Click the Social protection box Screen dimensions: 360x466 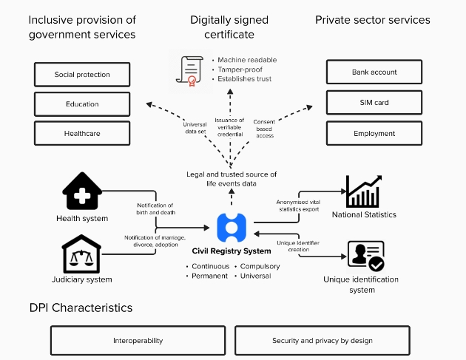(x=82, y=75)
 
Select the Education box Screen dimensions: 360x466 (x=82, y=104)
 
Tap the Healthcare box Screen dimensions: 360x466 (x=82, y=133)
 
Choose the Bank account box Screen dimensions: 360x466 (x=374, y=72)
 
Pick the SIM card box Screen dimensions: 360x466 (x=374, y=103)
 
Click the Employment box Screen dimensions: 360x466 (x=374, y=133)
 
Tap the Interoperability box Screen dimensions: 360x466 (x=138, y=341)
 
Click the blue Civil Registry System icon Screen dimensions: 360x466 (x=232, y=227)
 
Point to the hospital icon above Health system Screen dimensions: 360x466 (x=82, y=192)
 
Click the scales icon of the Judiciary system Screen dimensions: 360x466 (x=82, y=254)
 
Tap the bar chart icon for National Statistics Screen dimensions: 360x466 (x=363, y=191)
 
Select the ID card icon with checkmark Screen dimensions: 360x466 (x=365, y=256)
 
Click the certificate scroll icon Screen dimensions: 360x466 (x=188, y=70)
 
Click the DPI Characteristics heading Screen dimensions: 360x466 (x=81, y=308)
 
